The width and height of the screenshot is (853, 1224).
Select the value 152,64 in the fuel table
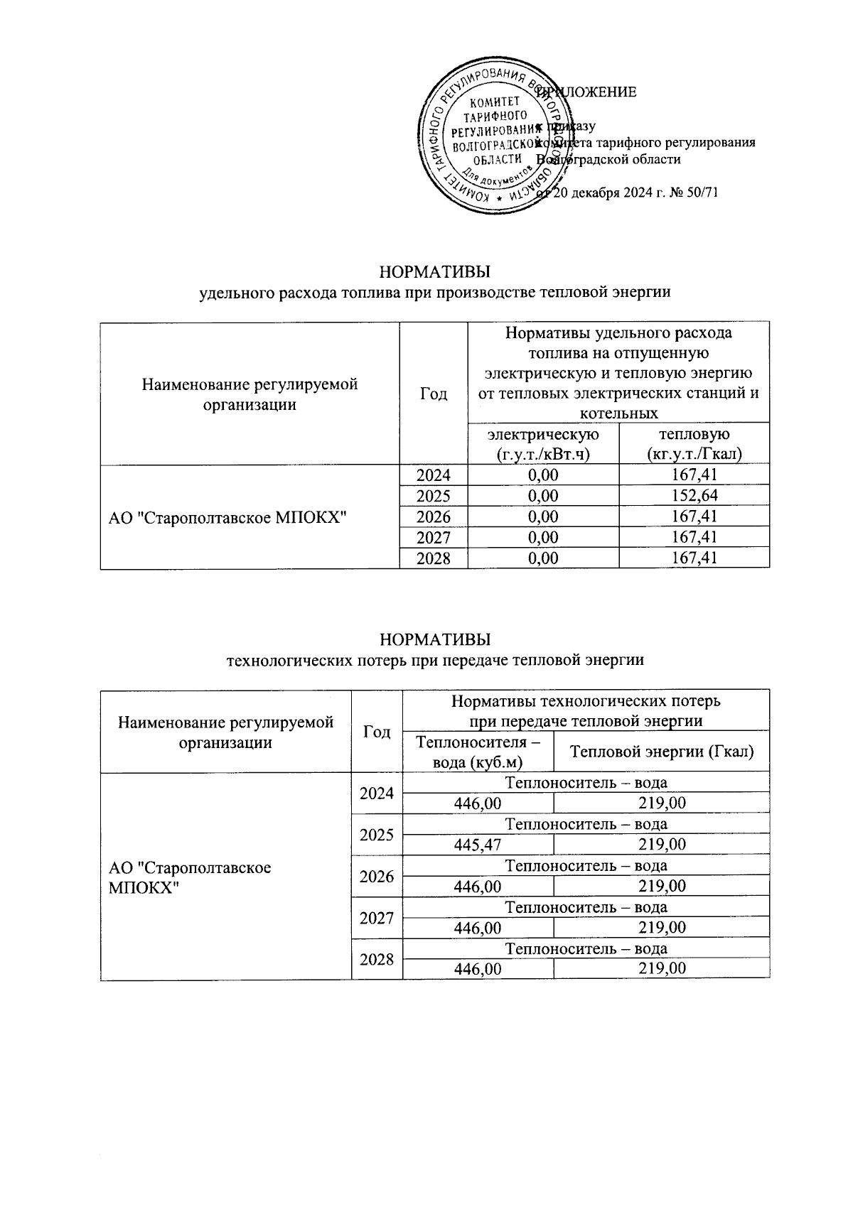tap(694, 496)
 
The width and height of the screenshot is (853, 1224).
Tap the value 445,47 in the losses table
tap(477, 845)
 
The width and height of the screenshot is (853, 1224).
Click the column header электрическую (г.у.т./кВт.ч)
tap(542, 444)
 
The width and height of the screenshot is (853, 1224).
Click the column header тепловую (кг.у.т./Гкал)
tap(694, 444)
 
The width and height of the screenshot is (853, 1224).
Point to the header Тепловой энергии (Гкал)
tap(661, 752)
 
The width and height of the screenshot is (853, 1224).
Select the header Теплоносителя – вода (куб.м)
tap(477, 752)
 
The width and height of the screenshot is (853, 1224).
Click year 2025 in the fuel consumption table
tap(433, 496)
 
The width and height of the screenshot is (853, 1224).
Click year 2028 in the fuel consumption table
tap(433, 558)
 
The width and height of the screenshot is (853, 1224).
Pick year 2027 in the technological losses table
tap(377, 918)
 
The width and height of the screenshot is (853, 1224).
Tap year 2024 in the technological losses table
tap(377, 793)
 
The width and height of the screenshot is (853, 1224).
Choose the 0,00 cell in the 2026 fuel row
tap(542, 516)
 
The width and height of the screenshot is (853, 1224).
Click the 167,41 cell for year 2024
tap(694, 475)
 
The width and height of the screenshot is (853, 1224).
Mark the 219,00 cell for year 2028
tap(661, 968)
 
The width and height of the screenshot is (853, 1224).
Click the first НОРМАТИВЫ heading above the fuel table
tap(435, 272)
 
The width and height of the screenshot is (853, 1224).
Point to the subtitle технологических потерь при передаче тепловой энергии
tap(434, 660)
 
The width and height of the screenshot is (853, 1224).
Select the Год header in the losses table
tap(377, 732)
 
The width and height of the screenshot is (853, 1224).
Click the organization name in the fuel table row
tap(227, 517)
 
